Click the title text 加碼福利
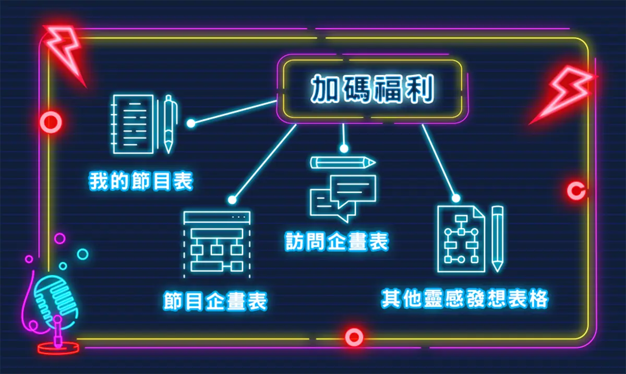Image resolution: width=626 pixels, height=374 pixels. coord(372,90)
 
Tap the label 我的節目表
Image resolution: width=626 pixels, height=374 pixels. coord(141,182)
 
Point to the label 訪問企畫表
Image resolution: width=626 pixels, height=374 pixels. coord(337,241)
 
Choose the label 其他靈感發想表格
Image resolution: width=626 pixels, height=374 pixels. coord(465,298)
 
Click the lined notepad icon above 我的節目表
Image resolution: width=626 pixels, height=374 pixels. coord(134,124)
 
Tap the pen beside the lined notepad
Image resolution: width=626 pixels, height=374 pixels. coord(168,123)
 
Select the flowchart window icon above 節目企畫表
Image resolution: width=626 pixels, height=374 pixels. coord(216,243)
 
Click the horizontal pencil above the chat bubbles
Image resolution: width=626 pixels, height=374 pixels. coord(343,163)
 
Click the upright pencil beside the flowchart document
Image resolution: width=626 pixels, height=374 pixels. coord(497,238)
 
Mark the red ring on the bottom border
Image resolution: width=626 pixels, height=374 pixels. coord(354,337)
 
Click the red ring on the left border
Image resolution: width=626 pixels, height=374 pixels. coord(51,122)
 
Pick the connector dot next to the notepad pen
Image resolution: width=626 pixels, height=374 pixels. coord(191,123)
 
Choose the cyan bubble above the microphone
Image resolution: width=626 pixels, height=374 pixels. coord(82,254)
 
